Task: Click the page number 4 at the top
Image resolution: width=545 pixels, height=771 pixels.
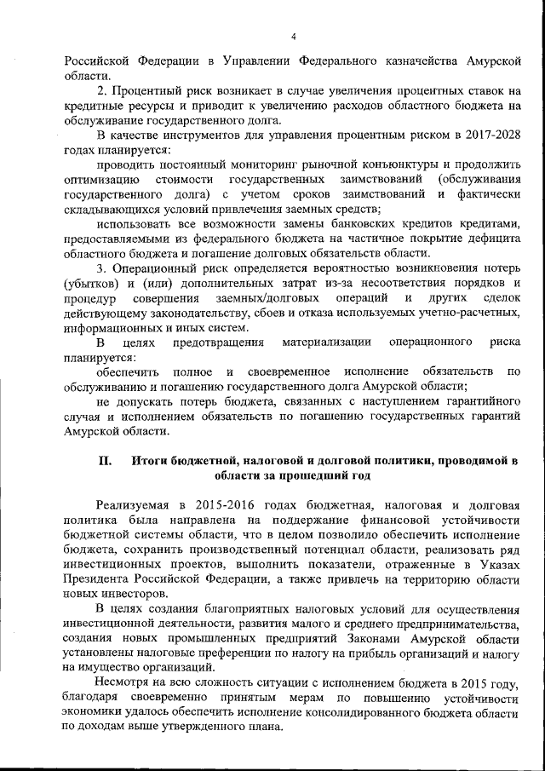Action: (x=292, y=36)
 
